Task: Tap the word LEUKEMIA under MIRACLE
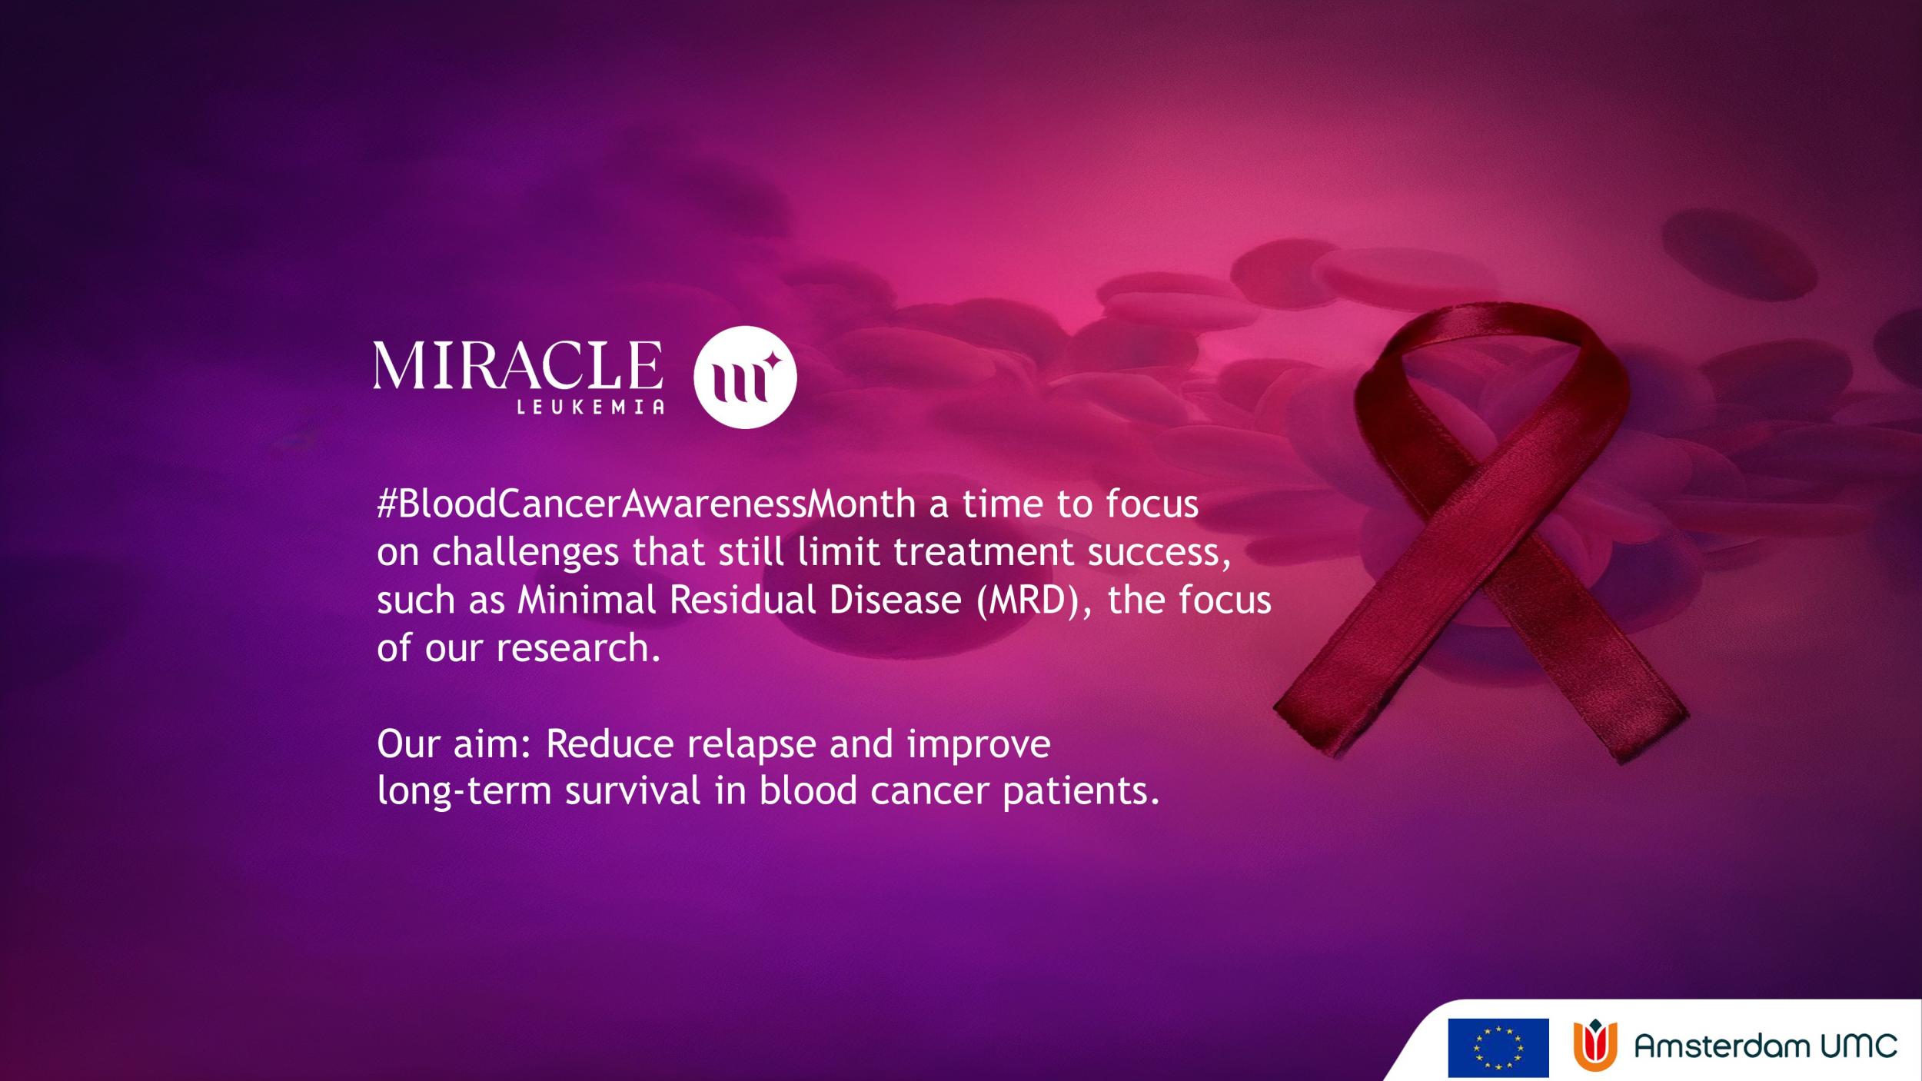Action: (x=590, y=407)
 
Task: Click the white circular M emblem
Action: (x=745, y=377)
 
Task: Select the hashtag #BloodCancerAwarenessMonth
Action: (x=647, y=504)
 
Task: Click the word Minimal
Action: (x=587, y=600)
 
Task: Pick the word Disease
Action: (x=895, y=600)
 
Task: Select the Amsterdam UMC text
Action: (x=1765, y=1046)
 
